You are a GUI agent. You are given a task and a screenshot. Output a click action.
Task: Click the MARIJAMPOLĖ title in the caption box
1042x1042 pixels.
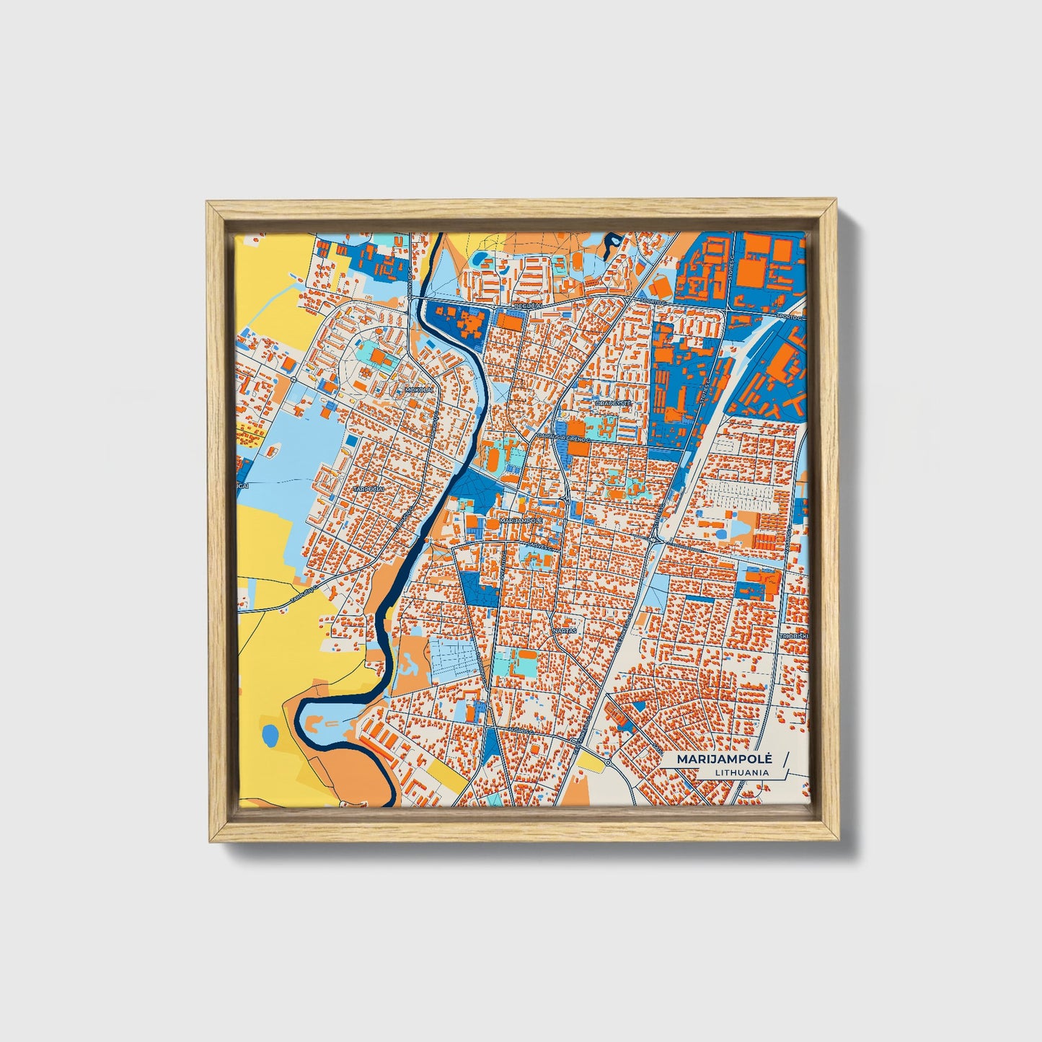[725, 759]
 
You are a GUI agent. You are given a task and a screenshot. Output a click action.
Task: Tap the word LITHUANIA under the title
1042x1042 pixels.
[741, 772]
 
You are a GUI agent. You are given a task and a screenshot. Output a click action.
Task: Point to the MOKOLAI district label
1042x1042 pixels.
[418, 390]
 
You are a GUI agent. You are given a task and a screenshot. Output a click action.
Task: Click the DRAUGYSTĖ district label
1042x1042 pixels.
[613, 404]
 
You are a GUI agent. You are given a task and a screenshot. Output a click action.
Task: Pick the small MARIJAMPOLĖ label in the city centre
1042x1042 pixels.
[520, 520]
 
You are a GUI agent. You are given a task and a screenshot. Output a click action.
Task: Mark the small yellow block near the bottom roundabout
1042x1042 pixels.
[589, 761]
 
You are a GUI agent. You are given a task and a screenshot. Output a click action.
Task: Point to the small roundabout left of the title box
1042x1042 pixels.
[608, 761]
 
